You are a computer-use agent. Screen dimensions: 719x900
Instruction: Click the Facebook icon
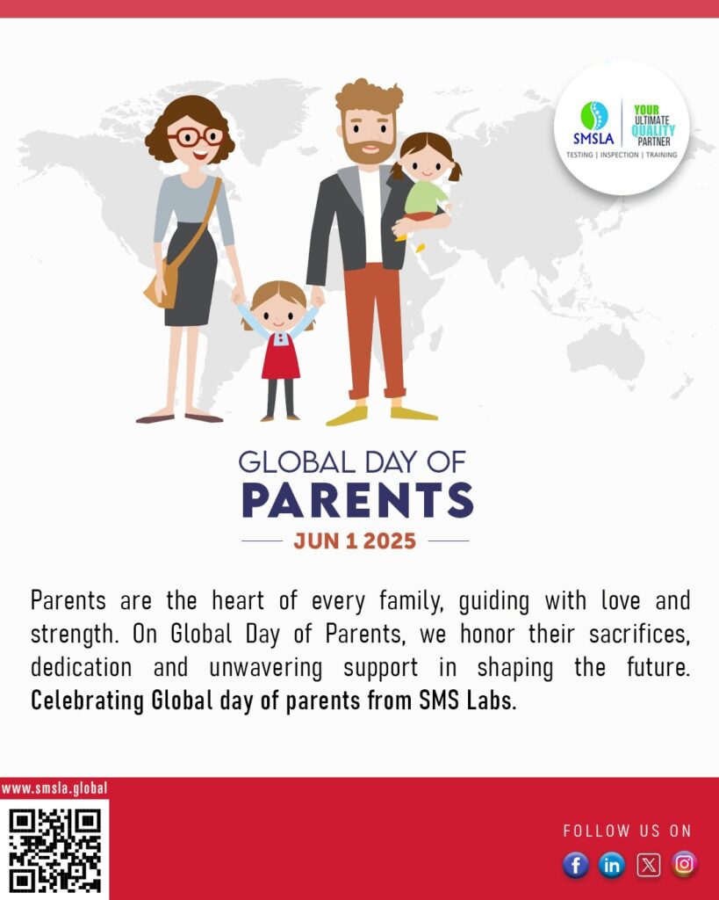tap(576, 865)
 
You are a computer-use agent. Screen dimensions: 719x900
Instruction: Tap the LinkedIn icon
tap(612, 865)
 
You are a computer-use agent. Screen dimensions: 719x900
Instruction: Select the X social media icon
tap(649, 865)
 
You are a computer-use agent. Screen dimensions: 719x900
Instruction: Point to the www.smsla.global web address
tap(54, 788)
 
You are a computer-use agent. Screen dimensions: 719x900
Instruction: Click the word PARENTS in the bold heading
tap(358, 500)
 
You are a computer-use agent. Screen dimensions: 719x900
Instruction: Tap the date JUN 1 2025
tap(355, 541)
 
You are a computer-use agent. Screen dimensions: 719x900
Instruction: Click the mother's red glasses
tap(196, 136)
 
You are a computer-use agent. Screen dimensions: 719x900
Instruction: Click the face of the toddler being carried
tap(426, 163)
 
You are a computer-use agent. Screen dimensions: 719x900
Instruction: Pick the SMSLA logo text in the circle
tap(593, 138)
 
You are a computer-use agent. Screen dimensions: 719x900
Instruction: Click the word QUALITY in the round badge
tap(653, 131)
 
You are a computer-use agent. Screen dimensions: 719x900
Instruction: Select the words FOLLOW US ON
tap(628, 831)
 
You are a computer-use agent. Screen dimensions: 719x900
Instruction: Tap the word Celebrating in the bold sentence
tap(87, 701)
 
